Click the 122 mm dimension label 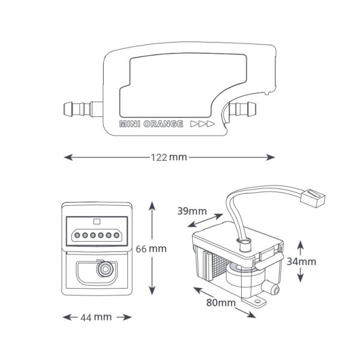[169, 157]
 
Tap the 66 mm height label [151, 249]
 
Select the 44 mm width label [96, 317]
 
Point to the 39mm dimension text [192, 211]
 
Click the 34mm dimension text [301, 262]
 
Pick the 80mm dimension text [221, 302]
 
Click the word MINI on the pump [130, 124]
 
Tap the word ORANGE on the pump [163, 124]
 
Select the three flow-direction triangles [203, 124]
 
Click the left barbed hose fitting [83, 109]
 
